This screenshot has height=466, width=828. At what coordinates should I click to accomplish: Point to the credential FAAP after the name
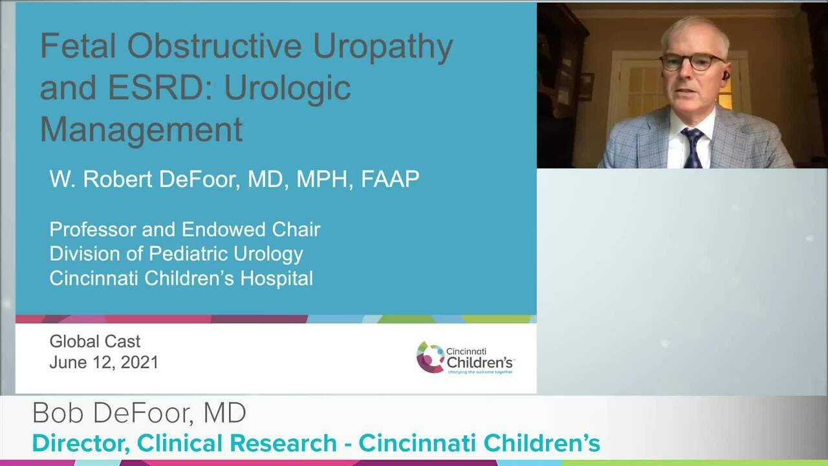point(390,179)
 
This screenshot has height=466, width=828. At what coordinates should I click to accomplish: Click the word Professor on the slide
point(94,229)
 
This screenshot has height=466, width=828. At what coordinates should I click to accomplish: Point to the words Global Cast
point(94,341)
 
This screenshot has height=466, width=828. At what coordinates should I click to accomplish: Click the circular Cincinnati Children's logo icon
point(430,357)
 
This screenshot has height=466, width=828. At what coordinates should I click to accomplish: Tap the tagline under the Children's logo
point(480,372)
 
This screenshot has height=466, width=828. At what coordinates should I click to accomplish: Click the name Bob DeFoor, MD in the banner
point(139,413)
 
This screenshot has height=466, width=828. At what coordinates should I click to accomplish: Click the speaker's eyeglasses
point(692,62)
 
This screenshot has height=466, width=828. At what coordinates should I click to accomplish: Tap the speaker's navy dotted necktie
point(693,147)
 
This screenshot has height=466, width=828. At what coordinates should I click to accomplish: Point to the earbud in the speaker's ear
point(726,76)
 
